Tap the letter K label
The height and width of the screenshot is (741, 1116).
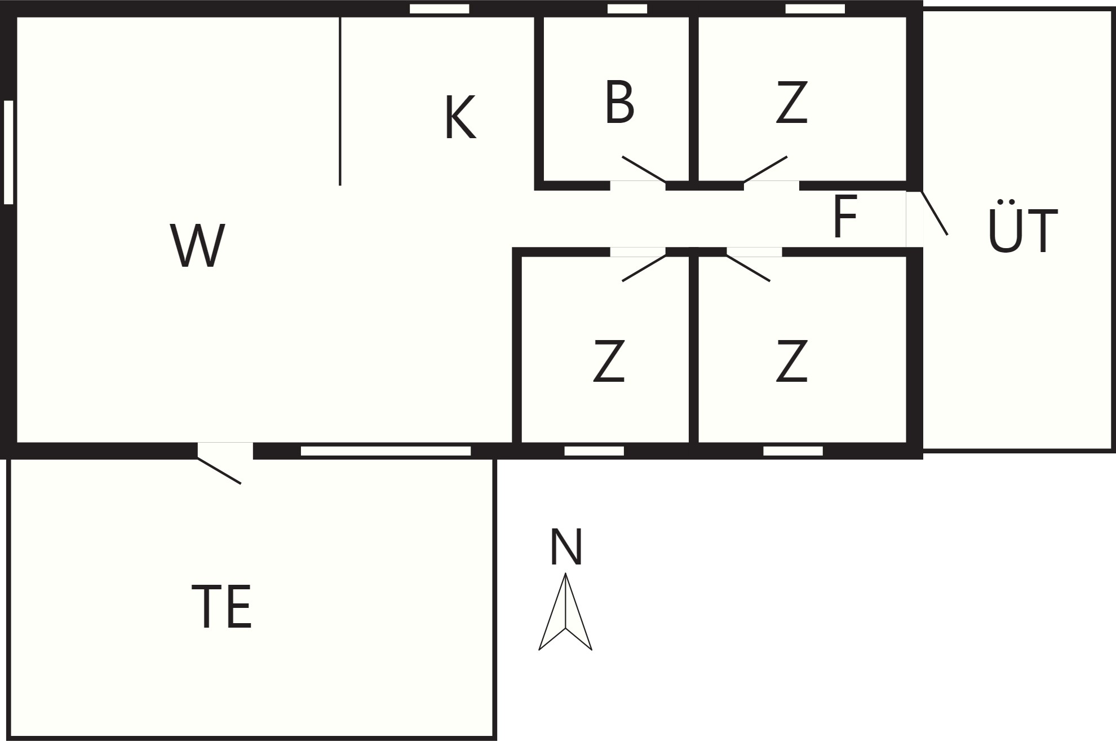460,117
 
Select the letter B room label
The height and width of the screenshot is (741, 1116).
619,102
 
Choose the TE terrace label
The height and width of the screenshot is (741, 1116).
222,606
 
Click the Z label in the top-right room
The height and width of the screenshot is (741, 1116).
792,102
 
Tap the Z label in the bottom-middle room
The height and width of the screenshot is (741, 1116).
609,361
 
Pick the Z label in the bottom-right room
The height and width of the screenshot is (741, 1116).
792,361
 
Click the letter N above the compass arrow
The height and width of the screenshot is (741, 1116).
566,546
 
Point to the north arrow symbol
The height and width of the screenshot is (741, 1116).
565,612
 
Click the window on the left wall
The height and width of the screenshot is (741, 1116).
8,152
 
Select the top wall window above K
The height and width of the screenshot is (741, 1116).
439,8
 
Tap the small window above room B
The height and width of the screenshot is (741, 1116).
627,8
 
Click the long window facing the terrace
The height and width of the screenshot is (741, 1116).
386,451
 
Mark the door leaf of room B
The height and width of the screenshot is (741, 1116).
644,169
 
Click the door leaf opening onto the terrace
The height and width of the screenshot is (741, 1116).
219,470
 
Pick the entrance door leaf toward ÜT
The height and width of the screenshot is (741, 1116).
935,213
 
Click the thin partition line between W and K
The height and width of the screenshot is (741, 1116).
340,101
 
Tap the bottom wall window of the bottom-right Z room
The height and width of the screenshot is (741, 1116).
792,451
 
